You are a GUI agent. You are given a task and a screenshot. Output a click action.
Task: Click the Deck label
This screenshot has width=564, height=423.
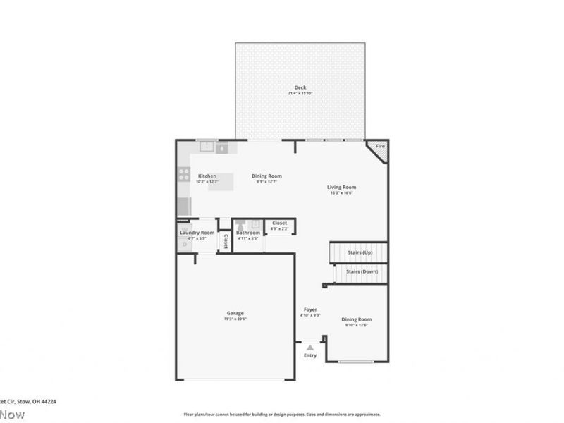coord(300,87)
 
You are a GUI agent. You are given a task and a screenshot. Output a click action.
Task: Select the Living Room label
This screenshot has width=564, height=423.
coord(341,188)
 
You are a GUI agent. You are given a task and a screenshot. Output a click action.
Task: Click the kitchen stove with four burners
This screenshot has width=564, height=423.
coord(184,174)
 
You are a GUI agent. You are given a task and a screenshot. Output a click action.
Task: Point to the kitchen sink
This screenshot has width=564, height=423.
coord(207,147)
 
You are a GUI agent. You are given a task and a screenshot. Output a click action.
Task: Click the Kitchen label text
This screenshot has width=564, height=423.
coord(207,176)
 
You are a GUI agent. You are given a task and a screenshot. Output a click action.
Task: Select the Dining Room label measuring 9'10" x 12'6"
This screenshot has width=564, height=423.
coord(357,319)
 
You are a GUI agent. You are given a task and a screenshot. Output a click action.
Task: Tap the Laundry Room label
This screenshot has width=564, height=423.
coord(197,232)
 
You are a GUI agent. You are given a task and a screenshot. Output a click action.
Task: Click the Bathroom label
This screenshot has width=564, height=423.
coord(248,232)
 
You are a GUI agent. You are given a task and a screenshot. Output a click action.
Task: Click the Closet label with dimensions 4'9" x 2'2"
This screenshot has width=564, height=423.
coord(280,223)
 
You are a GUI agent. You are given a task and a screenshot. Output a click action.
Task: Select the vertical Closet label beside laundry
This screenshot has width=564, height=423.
coord(226,242)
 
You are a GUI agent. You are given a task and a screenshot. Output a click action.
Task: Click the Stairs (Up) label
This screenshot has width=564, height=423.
coord(361,252)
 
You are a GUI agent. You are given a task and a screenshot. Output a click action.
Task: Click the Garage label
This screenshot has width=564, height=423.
coord(235,313)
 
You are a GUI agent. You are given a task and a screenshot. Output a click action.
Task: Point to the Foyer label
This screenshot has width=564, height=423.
coord(310,309)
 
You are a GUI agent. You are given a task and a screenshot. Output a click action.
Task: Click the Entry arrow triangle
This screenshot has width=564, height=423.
coord(310,348)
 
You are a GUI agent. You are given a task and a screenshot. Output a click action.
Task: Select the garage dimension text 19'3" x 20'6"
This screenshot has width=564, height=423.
coord(235,319)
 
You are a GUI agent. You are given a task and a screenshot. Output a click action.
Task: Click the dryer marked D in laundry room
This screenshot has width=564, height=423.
coord(184,244)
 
